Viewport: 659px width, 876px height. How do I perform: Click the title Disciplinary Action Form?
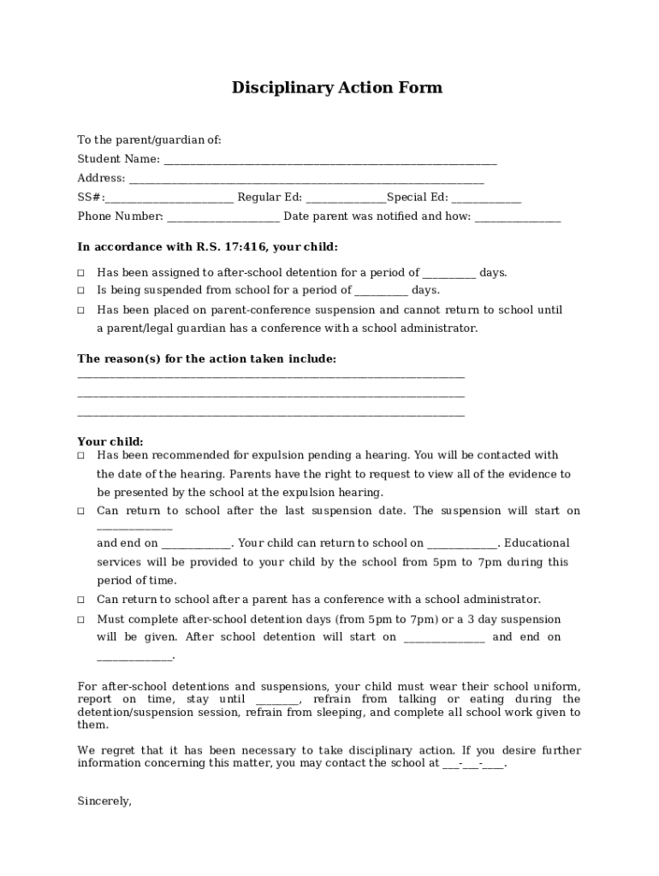(336, 88)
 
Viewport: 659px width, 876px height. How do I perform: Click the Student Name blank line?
(329, 160)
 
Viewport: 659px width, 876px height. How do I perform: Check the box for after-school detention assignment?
(81, 273)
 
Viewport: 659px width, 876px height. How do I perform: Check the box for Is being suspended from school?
(81, 291)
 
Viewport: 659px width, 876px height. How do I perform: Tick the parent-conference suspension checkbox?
(81, 311)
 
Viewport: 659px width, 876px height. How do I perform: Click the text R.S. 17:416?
(232, 247)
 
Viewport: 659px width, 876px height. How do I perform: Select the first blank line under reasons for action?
(270, 376)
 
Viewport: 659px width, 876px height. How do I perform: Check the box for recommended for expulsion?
(81, 456)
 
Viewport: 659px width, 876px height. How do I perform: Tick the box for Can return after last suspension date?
(81, 512)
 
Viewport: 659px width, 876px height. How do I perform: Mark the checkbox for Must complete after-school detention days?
(81, 619)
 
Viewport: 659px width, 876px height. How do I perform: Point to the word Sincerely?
(104, 802)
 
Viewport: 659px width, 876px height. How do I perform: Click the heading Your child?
(110, 441)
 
